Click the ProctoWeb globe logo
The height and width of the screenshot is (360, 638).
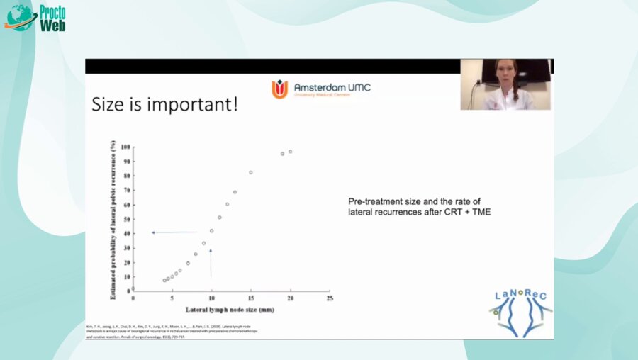point(20,17)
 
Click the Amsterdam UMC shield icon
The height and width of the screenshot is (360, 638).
point(279,89)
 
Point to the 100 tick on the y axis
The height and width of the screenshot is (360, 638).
point(125,147)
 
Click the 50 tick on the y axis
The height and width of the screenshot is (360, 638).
point(126,219)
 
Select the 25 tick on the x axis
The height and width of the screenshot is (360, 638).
point(329,299)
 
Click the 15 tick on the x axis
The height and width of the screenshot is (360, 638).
point(250,299)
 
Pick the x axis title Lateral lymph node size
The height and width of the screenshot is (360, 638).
point(230,310)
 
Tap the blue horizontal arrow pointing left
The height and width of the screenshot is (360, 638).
point(174,232)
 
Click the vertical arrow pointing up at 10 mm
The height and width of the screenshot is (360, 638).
point(211,263)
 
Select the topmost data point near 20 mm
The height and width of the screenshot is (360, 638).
point(290,152)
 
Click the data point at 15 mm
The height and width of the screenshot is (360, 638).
point(250,172)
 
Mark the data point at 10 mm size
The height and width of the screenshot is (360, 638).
point(211,230)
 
